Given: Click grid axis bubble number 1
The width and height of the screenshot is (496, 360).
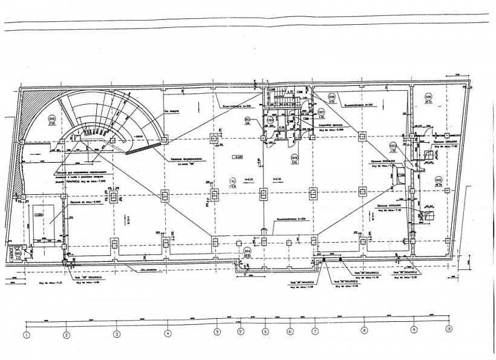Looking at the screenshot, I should click(27, 333).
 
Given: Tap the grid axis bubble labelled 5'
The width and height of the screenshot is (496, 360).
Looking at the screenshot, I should click(240, 332).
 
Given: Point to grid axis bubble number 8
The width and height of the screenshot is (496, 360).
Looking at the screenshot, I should click(364, 330).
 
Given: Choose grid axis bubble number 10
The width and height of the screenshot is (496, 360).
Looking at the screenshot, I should click(448, 329).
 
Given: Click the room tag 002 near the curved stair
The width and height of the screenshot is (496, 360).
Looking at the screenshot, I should click(52, 118).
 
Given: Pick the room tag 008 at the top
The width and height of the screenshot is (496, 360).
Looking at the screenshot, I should click(331, 97).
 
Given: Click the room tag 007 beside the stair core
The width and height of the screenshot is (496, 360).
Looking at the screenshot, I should click(321, 113).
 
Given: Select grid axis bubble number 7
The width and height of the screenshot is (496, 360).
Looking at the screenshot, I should click(315, 331).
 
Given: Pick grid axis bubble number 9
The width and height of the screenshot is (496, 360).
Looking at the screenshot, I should click(414, 330).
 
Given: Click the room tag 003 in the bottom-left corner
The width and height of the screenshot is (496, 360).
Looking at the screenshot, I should click(18, 254).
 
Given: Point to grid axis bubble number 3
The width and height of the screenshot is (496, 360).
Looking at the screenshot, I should click(117, 333).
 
